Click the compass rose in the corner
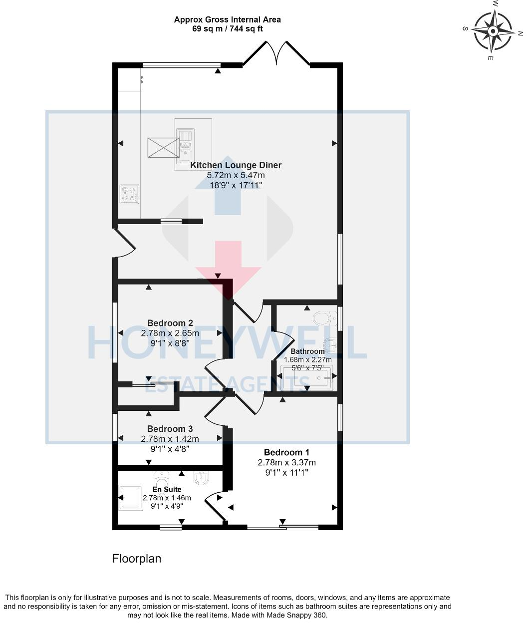(x=493, y=31)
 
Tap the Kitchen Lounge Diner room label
(x=236, y=165)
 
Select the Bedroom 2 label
(x=170, y=323)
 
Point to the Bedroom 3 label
(x=170, y=429)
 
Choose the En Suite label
(x=167, y=489)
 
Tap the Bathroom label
(x=307, y=351)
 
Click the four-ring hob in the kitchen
(x=129, y=194)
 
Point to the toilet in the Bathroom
(x=323, y=317)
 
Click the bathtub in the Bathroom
(x=306, y=378)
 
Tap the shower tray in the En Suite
(x=131, y=497)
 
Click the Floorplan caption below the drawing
(x=137, y=559)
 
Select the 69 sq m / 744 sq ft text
(x=227, y=29)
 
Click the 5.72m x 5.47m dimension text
(x=236, y=175)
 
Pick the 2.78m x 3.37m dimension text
(x=286, y=462)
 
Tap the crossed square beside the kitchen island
(x=163, y=147)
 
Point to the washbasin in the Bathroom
(x=329, y=344)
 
